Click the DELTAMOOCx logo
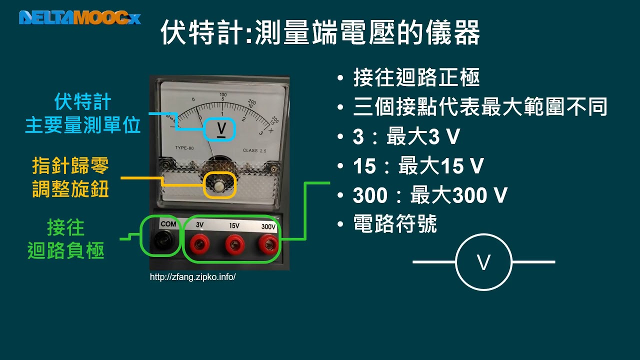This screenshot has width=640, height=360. coord(80,17)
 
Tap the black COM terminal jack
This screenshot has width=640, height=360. coord(161,241)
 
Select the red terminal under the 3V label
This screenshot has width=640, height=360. coord(199,244)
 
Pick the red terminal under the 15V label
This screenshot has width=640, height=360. coord(235,244)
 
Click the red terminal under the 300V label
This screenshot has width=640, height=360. coord(268,244)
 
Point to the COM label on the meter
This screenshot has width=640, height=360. coord(168,223)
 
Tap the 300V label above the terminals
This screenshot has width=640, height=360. coord(268,226)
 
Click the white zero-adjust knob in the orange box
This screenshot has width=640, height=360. coord(219,186)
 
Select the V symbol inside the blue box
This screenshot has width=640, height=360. coord(221,130)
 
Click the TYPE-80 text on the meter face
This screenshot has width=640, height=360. coord(184,147)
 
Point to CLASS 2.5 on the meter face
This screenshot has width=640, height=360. coord(254,150)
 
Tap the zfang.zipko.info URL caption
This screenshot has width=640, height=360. coord(193,277)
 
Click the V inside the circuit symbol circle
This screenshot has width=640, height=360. coord(483,262)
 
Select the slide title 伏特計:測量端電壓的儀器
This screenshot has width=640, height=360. coord(320,32)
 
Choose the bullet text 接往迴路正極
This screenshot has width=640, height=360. coord(416,77)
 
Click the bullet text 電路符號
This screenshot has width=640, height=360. coord(395,223)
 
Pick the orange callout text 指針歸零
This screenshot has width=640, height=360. coord(70,165)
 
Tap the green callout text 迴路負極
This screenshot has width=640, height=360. coord(66,250)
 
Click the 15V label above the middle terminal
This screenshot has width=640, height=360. coord(234,225)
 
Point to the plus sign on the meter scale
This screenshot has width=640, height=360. coord(271,130)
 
